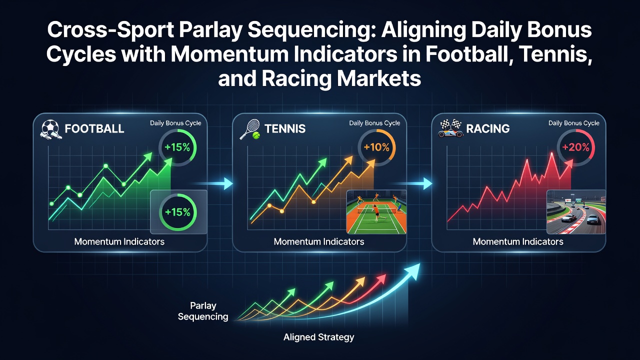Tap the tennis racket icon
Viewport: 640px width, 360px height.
[250, 129]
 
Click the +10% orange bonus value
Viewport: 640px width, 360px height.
[376, 147]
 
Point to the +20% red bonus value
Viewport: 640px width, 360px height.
[575, 147]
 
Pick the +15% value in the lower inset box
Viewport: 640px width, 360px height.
[177, 212]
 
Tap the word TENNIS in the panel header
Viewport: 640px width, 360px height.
[285, 129]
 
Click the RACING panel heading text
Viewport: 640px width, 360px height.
[487, 129]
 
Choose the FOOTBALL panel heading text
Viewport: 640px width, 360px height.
[94, 129]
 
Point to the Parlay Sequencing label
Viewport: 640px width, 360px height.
[203, 311]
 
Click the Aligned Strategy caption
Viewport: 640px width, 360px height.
[318, 337]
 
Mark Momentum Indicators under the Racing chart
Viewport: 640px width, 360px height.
[518, 241]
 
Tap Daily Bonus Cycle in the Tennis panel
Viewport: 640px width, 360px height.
[374, 123]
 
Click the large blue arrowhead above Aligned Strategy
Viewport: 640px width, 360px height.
[412, 270]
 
